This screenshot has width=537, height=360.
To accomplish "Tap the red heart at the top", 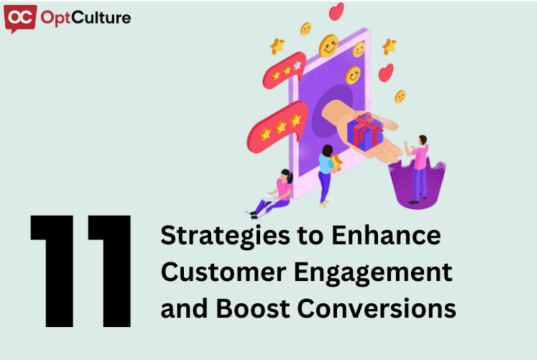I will [336, 11].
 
